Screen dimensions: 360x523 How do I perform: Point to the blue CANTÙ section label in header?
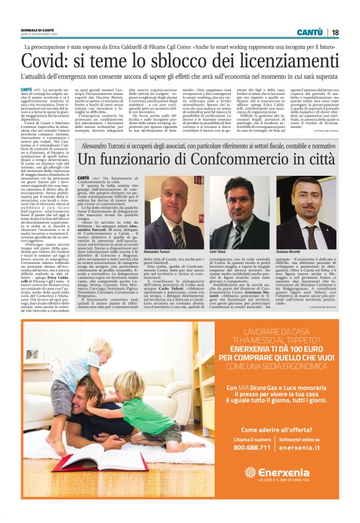(x=309, y=32)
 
